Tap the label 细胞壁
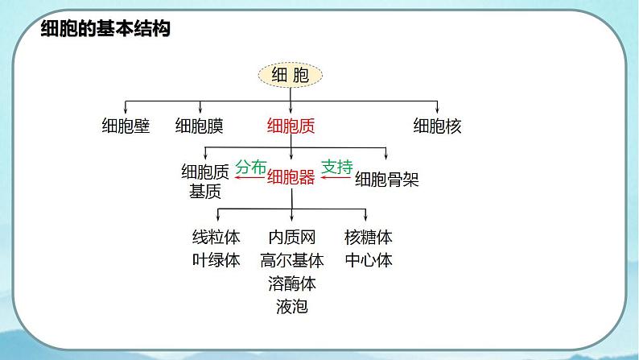tap(126, 126)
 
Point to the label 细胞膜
tap(200, 126)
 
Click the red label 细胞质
tap(291, 126)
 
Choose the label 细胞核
tap(437, 126)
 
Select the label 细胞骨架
tap(387, 179)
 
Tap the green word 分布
tap(250, 168)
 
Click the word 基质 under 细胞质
tap(204, 192)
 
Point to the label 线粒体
tap(216, 238)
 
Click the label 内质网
tap(292, 238)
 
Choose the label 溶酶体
tap(292, 283)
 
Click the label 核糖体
tap(368, 238)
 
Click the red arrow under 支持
tap(337, 180)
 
